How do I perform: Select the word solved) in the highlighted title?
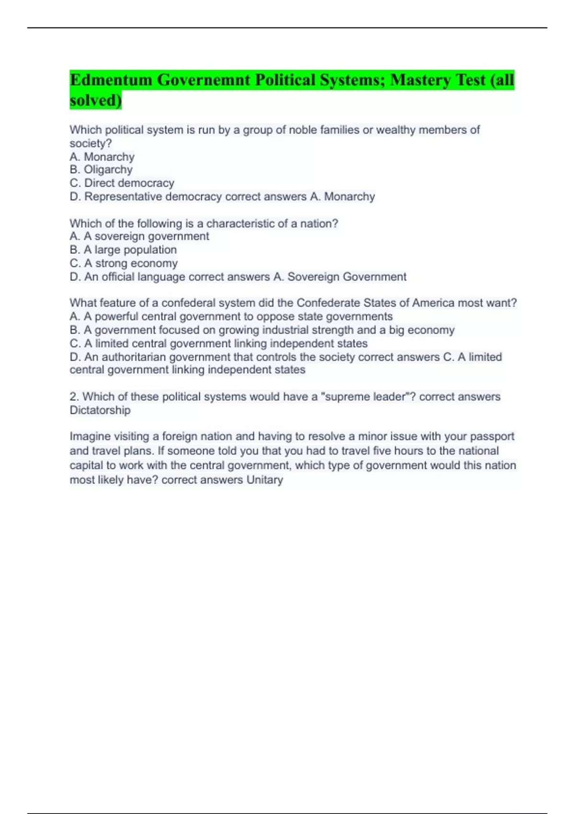[95, 100]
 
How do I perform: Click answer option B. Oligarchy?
[101, 170]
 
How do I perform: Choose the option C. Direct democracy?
[122, 183]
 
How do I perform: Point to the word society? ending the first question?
[91, 143]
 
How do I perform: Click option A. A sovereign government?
[139, 236]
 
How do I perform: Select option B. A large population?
[123, 249]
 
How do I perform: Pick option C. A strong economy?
[124, 263]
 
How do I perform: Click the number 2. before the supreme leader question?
[74, 396]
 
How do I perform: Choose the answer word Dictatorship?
[100, 410]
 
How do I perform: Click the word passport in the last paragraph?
[492, 437]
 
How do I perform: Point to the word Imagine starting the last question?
[88, 437]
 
